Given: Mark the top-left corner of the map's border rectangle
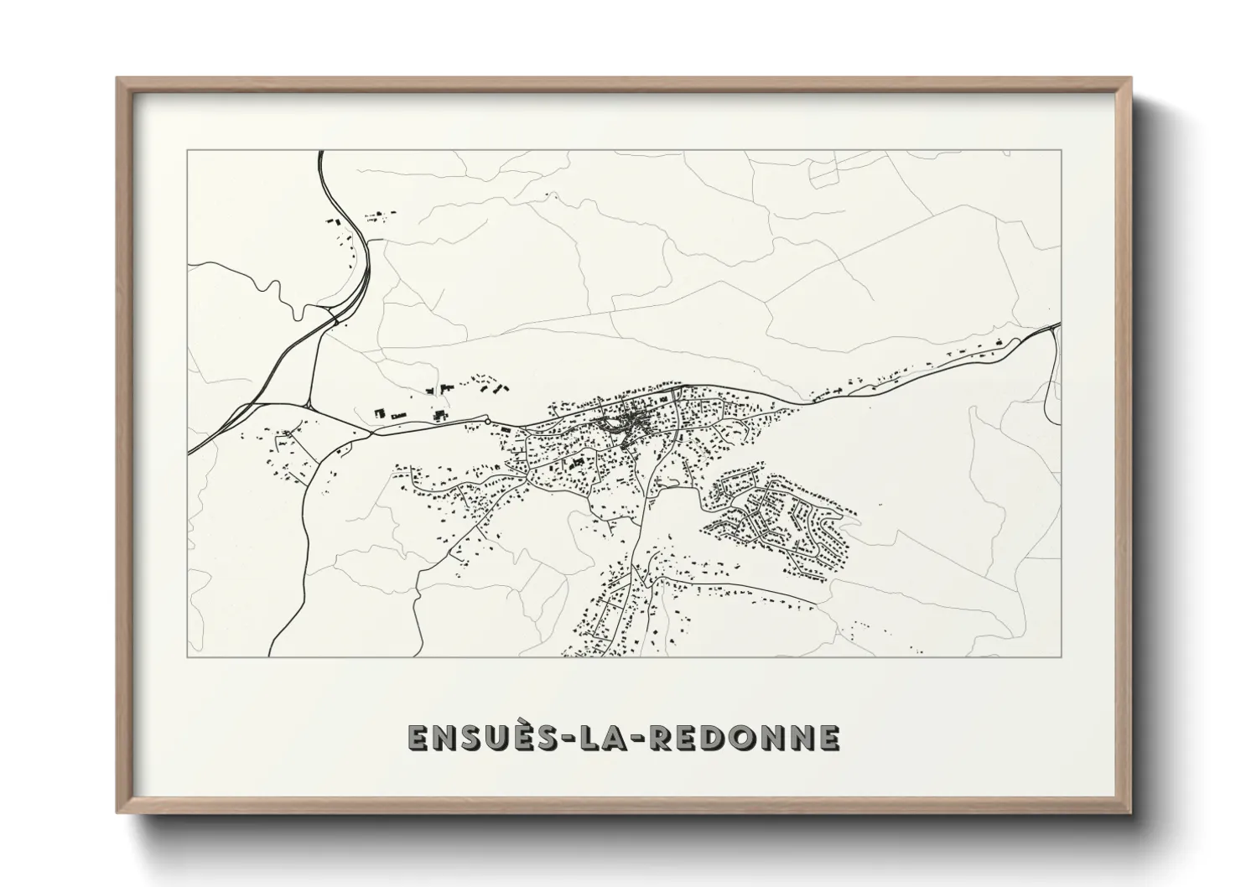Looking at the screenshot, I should [188, 150].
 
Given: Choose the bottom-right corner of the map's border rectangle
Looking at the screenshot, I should [1062, 656].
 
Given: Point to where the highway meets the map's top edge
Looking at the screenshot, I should [320, 151].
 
